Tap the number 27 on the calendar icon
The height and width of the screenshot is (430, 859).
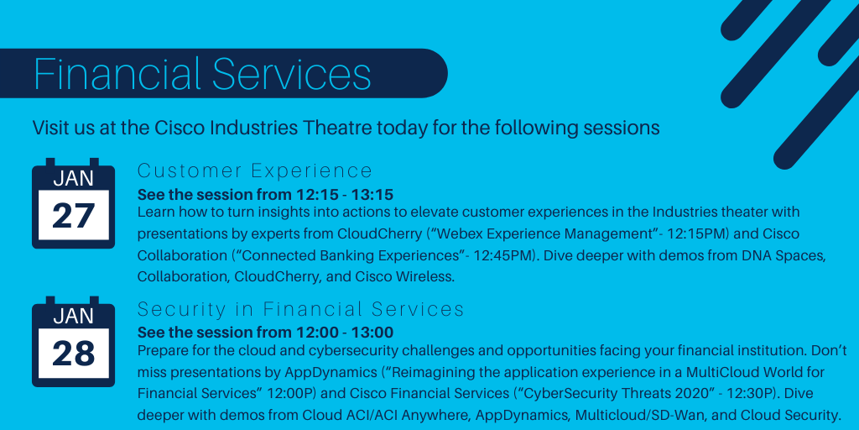[x=73, y=216]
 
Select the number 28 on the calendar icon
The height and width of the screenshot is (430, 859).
[x=73, y=354]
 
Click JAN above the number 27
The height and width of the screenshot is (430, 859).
[x=73, y=178]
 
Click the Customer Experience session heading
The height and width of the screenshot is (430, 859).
[x=254, y=171]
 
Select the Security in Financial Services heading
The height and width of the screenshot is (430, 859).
[x=300, y=309]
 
